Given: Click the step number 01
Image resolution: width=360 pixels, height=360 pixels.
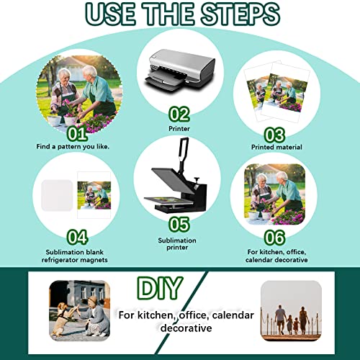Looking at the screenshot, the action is pos(77,133).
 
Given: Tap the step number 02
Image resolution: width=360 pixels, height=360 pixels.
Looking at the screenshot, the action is pos(179,114).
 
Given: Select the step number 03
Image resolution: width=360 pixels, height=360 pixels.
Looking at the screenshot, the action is pos(275,135).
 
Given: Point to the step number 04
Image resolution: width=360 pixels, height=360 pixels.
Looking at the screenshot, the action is pos(77,237).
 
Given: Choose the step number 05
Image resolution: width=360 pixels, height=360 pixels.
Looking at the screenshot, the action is pos(179,225).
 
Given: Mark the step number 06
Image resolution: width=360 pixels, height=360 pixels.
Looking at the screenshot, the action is pos(274,238).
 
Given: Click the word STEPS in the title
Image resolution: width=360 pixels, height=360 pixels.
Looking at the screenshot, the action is pos(240,14).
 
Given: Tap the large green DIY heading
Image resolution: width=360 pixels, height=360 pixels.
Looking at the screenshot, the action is pos(160,288).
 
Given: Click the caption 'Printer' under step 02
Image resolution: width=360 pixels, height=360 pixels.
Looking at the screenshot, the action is pos(179,129).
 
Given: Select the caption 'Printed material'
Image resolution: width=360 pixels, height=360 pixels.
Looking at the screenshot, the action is pos(276,147).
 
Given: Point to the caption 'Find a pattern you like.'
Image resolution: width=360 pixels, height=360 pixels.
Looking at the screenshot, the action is pos(73,146).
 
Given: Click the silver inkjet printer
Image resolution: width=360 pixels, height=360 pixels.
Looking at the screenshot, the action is pos(179,69).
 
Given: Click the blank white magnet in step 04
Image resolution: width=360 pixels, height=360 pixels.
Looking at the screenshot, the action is pos(57,195).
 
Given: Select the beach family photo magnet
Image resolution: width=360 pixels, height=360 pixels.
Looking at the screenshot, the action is pos(291,310).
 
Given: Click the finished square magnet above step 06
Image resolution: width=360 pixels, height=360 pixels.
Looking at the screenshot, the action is pos(275,194).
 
